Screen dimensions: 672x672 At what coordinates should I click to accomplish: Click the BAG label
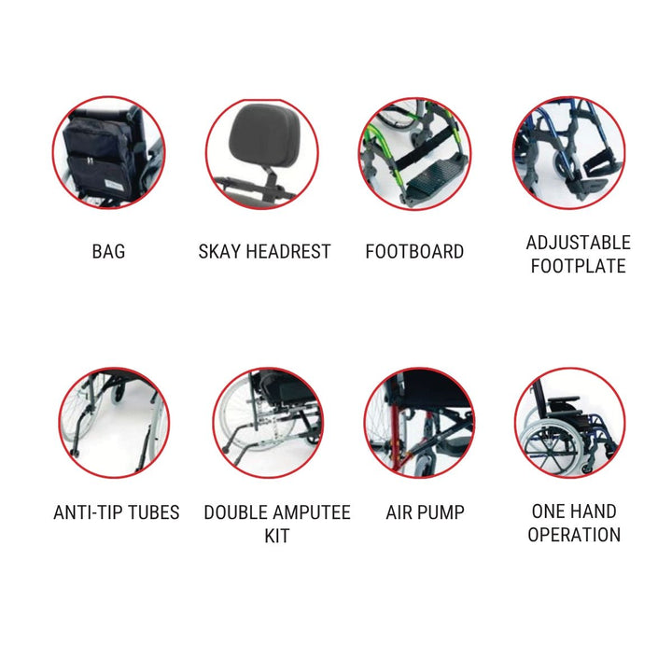(x=108, y=252)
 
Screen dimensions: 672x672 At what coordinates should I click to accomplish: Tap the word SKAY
(x=219, y=252)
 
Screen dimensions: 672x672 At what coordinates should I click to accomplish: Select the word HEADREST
(x=288, y=252)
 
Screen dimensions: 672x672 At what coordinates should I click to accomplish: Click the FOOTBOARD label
(x=414, y=252)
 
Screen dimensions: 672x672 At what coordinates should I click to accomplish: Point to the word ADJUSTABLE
(x=578, y=243)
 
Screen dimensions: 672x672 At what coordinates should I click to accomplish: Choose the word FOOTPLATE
(x=578, y=266)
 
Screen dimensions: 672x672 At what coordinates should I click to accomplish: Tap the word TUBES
(x=154, y=512)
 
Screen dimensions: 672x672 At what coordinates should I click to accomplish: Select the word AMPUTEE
(x=313, y=512)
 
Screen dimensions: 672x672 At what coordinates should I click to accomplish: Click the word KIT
(x=277, y=536)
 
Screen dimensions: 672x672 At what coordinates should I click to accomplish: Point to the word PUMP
(x=443, y=512)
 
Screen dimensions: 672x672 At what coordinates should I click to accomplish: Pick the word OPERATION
(x=574, y=535)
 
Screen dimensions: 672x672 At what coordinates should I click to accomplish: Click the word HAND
(x=595, y=511)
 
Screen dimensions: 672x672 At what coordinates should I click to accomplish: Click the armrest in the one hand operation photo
(x=563, y=400)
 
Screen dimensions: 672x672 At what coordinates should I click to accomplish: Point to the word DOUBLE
(x=236, y=512)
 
